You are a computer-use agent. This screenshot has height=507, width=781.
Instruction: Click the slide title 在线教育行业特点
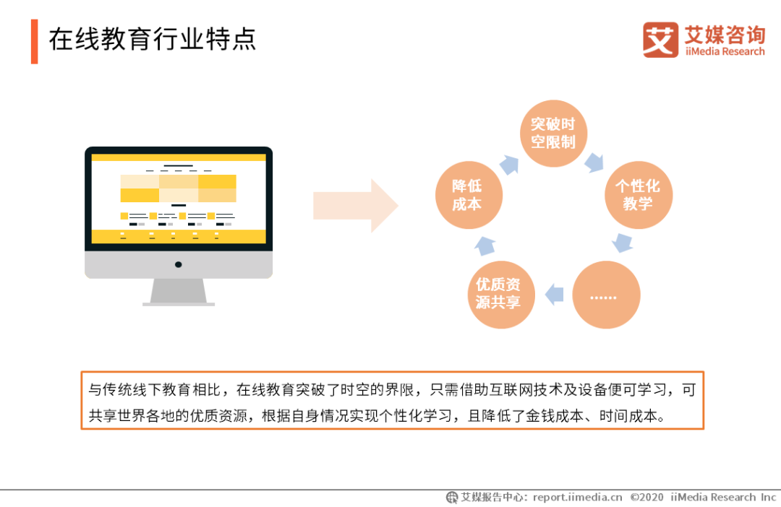tap(153, 39)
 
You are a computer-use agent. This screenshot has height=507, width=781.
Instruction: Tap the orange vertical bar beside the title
tap(35, 41)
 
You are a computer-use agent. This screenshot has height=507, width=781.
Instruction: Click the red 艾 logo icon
tap(660, 40)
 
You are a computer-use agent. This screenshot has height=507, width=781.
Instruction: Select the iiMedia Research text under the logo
tap(725, 51)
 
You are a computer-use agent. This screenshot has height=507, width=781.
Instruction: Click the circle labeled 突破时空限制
tap(553, 134)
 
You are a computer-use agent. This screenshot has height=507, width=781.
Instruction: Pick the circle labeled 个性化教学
tap(639, 194)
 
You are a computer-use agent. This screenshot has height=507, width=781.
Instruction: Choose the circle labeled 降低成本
tap(469, 194)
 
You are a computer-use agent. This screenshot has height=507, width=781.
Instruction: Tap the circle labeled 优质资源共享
tap(501, 295)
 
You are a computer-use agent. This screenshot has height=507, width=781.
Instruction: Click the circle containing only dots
tap(606, 295)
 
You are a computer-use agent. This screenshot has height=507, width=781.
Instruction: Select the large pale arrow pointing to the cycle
tap(356, 206)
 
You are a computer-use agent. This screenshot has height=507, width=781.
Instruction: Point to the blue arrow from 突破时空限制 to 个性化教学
tap(594, 162)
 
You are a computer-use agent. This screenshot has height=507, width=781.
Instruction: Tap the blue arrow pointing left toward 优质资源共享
tap(554, 295)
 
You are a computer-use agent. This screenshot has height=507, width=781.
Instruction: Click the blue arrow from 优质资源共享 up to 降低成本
tap(485, 246)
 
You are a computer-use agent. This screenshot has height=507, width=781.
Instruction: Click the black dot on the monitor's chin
tap(179, 265)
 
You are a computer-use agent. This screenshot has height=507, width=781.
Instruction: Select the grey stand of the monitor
tap(179, 292)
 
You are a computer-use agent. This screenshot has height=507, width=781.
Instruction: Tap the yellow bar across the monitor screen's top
tap(179, 157)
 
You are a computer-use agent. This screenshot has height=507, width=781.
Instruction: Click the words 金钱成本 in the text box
tap(555, 415)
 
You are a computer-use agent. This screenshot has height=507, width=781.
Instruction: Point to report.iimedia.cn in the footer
tap(577, 497)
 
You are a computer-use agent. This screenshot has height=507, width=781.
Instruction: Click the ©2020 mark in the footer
tap(646, 497)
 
